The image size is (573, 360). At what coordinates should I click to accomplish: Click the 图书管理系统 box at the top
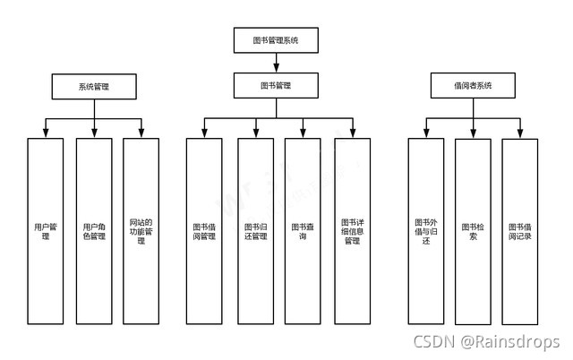click(276, 39)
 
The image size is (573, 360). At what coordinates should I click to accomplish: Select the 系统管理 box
click(94, 86)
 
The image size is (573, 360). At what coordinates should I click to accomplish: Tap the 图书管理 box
click(276, 86)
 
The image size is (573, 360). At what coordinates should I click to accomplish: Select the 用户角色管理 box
click(94, 231)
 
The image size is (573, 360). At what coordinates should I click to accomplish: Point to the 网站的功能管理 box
click(141, 231)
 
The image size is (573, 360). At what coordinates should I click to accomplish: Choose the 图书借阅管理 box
click(204, 231)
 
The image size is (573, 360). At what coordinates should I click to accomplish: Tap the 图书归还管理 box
click(255, 231)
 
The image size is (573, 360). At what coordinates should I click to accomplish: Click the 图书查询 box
click(303, 231)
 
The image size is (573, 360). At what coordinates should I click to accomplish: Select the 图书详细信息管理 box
click(351, 231)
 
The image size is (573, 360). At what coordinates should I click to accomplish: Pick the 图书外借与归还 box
click(425, 231)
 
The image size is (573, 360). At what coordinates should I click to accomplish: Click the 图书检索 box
click(473, 231)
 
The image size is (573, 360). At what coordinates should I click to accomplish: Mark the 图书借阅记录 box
click(519, 231)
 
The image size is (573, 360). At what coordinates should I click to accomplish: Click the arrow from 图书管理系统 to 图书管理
click(276, 63)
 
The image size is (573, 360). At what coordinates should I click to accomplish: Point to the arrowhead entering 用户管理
click(46, 133)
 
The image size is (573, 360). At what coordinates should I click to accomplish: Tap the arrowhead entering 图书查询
click(303, 133)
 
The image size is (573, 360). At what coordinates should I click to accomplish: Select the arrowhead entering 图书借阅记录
click(519, 133)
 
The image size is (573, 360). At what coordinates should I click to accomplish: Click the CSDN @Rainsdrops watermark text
click(486, 342)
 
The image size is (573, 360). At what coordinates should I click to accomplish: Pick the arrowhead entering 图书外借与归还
click(425, 133)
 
